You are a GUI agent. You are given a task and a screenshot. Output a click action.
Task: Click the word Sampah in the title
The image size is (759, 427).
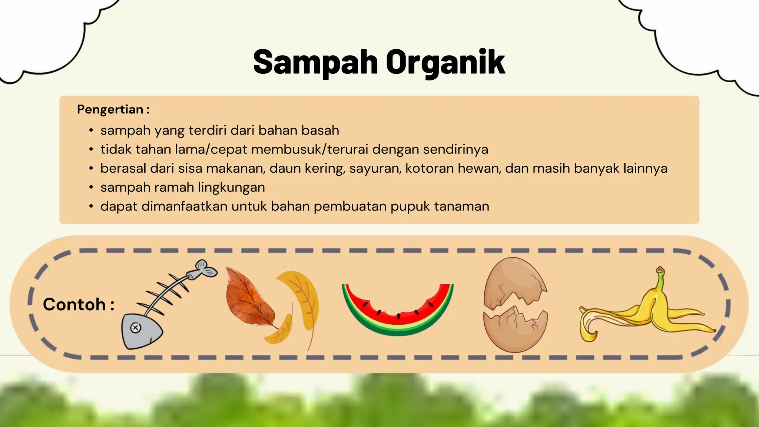[x=315, y=62]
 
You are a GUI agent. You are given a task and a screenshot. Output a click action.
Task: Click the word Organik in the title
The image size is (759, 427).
[x=445, y=62]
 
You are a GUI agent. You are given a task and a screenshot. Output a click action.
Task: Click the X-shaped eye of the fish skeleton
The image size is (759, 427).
[x=136, y=328]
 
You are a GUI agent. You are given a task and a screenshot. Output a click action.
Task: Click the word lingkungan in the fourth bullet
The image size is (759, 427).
[x=231, y=188]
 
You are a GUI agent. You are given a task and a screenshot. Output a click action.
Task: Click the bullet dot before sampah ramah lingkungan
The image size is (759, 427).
[x=91, y=188]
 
